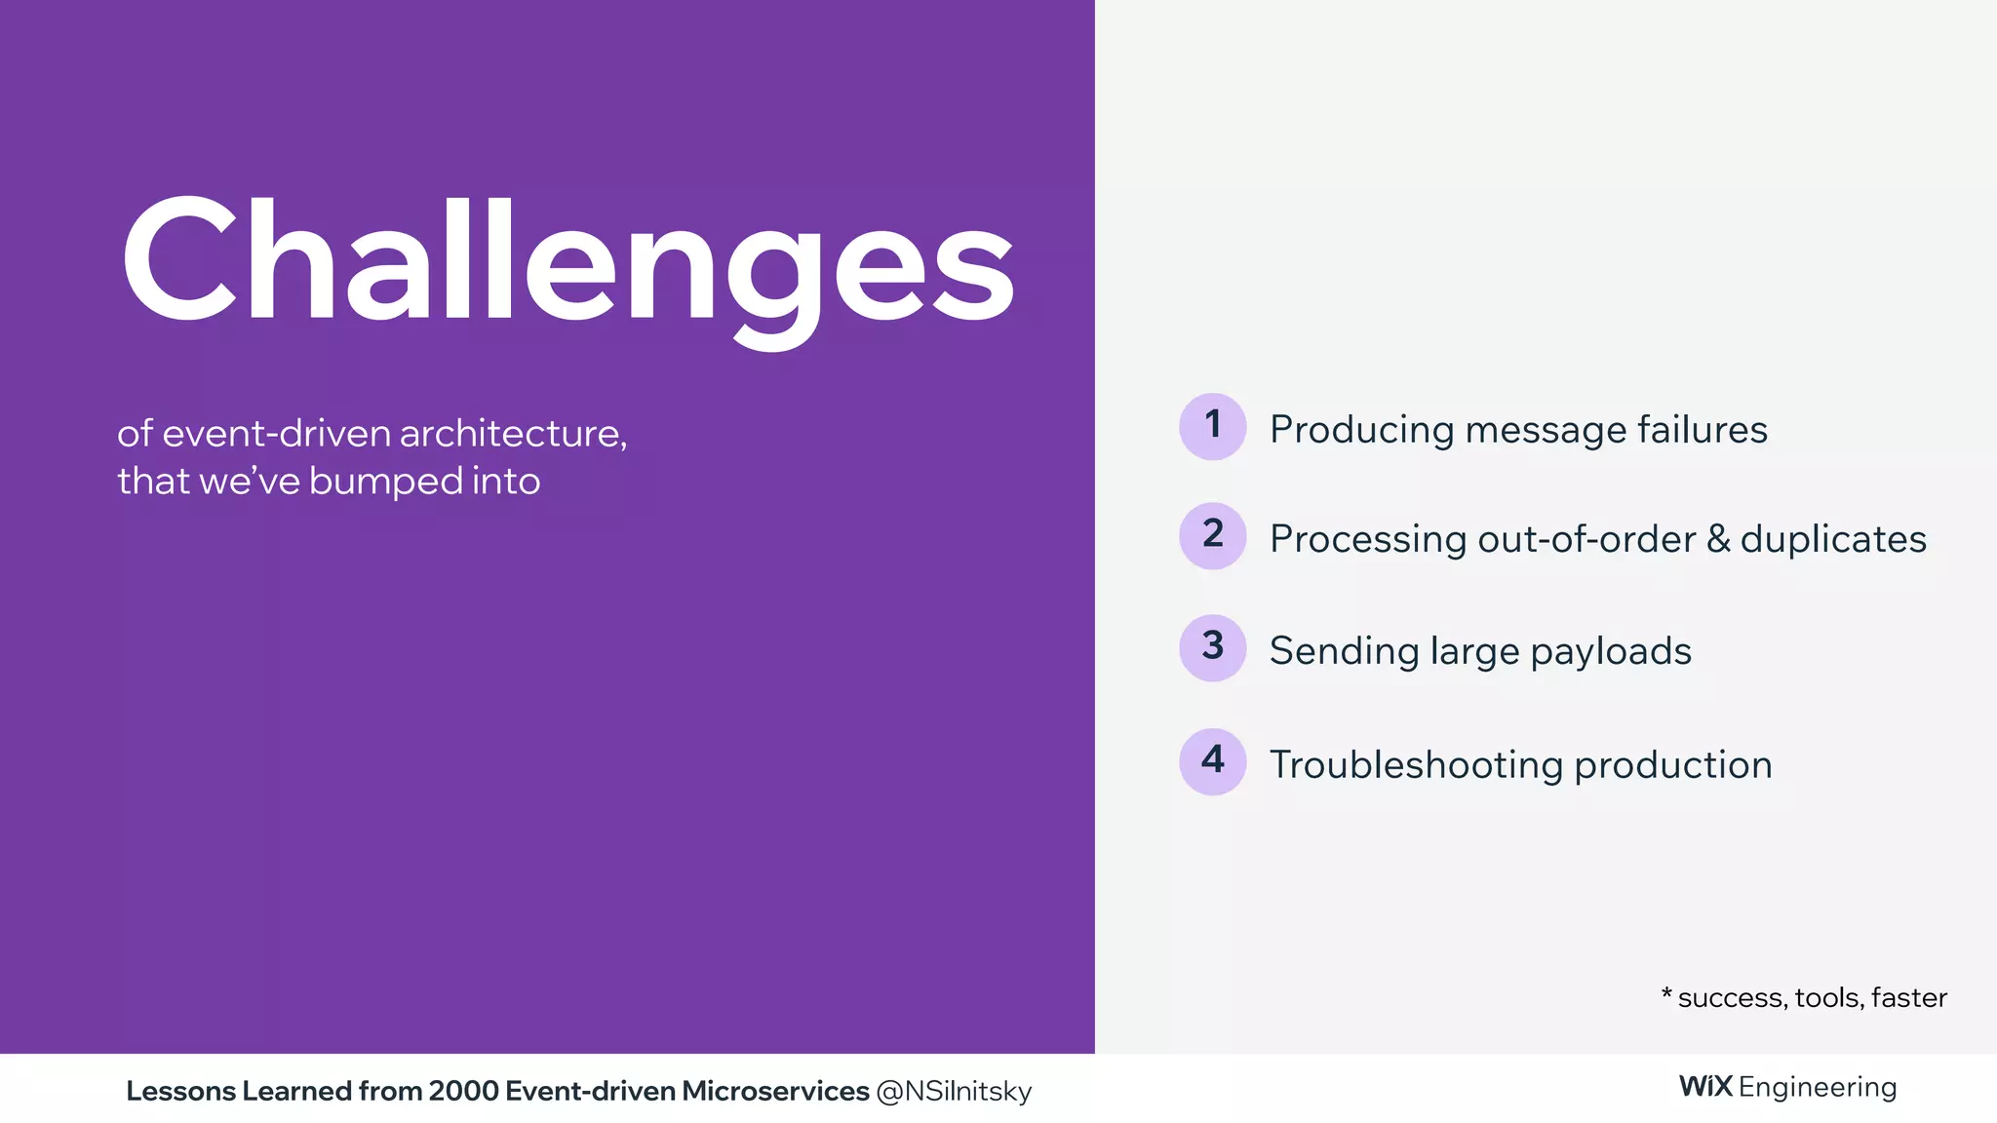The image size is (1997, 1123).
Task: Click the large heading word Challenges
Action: (568, 261)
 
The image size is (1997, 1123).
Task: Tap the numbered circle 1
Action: (1212, 426)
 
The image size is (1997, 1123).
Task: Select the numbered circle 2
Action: (1212, 535)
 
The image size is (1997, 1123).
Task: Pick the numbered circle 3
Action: (1212, 647)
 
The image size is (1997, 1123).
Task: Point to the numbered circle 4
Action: (1212, 761)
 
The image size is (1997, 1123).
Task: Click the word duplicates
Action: (1833, 539)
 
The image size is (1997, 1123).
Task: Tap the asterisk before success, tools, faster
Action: (1666, 993)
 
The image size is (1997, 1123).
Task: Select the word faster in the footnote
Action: (1908, 998)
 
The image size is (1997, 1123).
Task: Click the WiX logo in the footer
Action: (1705, 1086)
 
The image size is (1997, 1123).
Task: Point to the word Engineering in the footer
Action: (1818, 1088)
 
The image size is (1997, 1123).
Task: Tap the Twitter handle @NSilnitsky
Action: (954, 1092)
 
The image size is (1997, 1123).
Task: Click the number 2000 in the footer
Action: (463, 1091)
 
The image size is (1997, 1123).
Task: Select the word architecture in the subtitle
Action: (513, 434)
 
